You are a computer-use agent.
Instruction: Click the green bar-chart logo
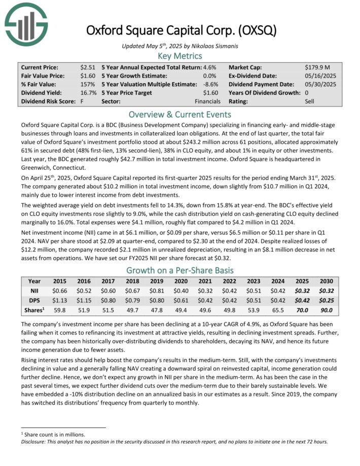point(25,23)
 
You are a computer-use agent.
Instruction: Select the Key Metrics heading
point(180,56)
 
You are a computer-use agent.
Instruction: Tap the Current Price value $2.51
point(89,67)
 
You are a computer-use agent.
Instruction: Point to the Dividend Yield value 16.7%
point(89,93)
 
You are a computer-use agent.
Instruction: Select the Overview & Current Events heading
point(180,114)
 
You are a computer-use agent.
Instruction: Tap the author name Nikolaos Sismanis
point(209,46)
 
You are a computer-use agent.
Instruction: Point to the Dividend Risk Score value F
point(81,101)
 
